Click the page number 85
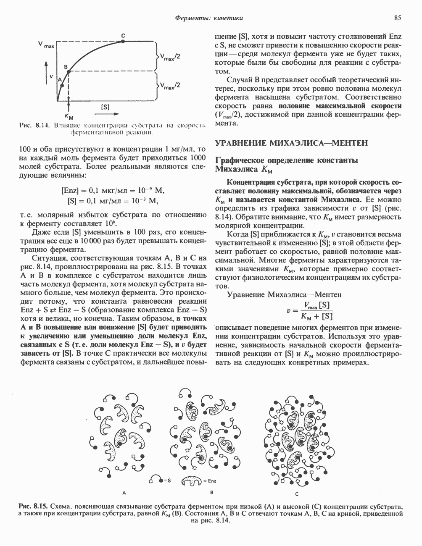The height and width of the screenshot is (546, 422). (398, 18)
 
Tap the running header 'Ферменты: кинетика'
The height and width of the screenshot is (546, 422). (209, 18)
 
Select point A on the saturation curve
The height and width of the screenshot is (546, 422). (61, 85)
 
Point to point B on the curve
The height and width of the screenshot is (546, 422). (69, 71)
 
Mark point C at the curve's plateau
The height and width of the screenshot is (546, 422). (123, 41)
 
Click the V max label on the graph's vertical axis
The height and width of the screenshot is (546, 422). (46, 44)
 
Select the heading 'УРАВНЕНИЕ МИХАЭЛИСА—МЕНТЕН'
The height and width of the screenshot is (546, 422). (291, 143)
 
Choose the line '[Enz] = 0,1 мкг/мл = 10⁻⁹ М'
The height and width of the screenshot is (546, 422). (112, 190)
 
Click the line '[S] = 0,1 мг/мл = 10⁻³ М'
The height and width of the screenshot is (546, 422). (112, 200)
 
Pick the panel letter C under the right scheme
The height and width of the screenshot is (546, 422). (296, 494)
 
